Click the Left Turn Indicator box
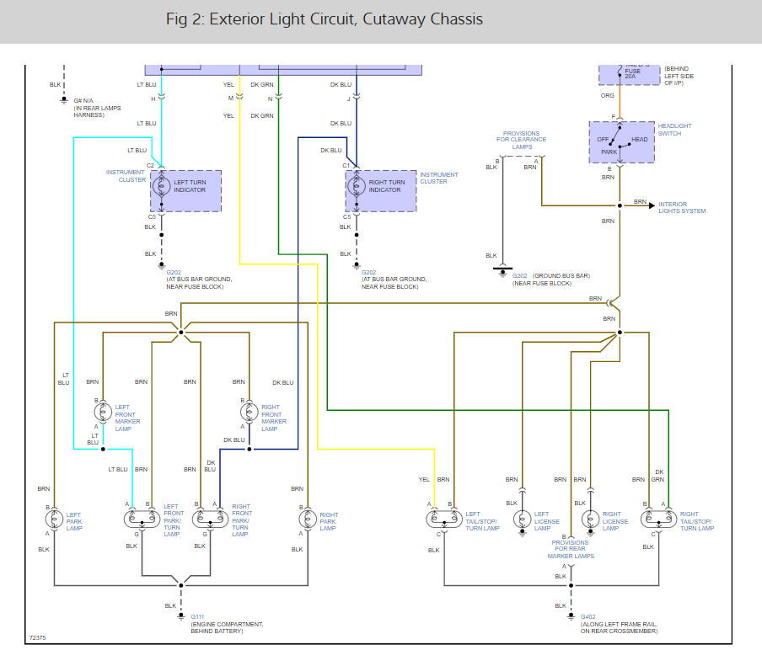pos(186,191)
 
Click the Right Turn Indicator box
pos(381,191)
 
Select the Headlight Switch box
pos(621,142)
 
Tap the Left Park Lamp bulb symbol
pos(55,519)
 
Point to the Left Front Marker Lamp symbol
pos(103,413)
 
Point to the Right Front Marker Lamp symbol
pos(249,413)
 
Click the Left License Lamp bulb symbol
pos(523,519)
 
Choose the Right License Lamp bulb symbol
pos(591,519)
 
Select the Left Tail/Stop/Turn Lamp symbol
pos(442,519)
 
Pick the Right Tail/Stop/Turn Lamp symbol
pos(657,519)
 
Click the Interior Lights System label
pos(682,207)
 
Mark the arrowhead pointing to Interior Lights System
pos(652,205)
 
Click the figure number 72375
pos(38,637)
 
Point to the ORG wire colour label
pos(608,96)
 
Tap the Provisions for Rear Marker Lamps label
pos(571,549)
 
